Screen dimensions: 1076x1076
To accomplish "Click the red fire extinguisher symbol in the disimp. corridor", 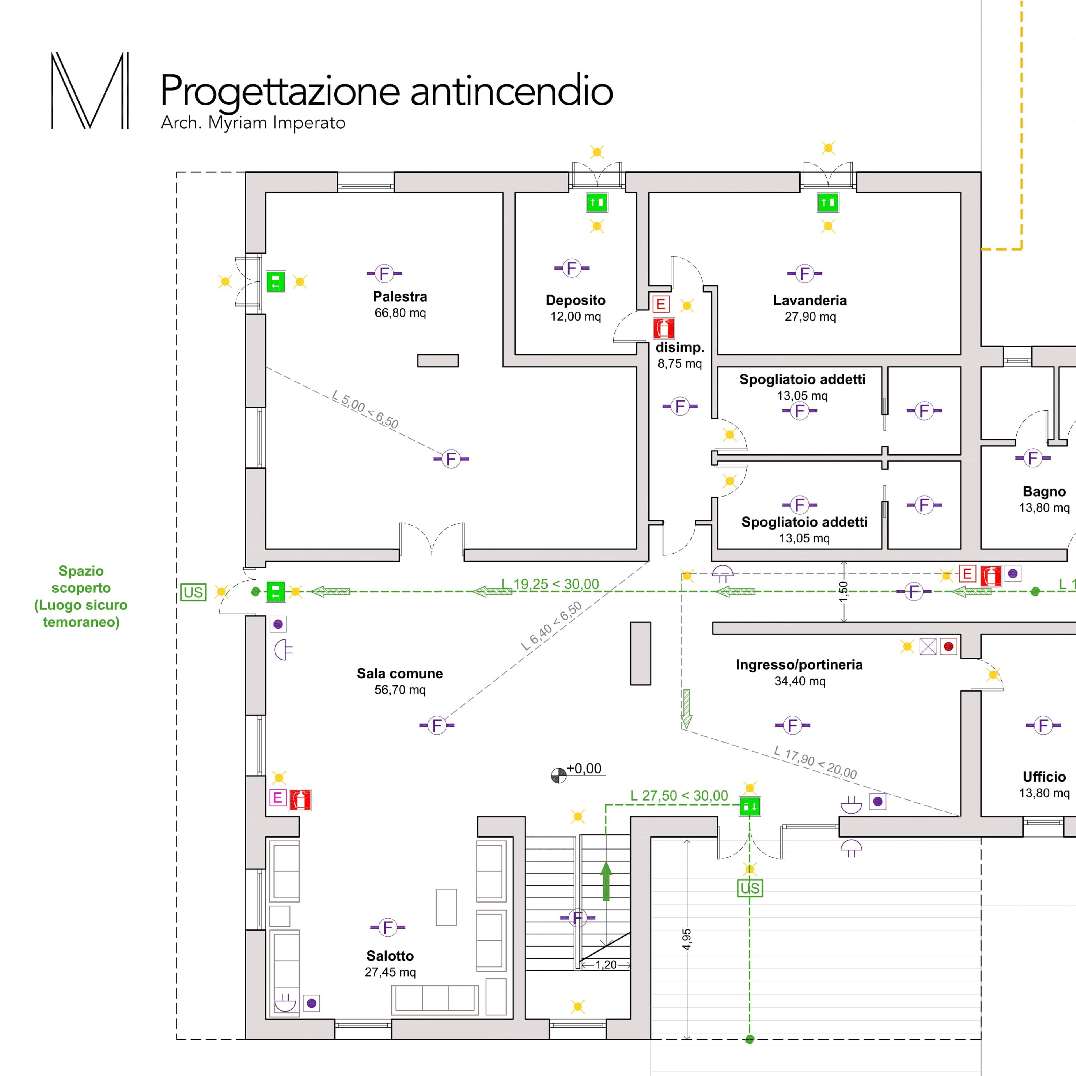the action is [663, 329].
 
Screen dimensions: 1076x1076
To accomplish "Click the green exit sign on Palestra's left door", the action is [275, 282].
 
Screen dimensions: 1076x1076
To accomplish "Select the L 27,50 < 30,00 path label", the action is [679, 796].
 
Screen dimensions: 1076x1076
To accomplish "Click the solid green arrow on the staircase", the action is [606, 880].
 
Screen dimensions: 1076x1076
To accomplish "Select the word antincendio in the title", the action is [512, 90].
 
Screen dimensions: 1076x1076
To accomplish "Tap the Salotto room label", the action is [390, 956].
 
